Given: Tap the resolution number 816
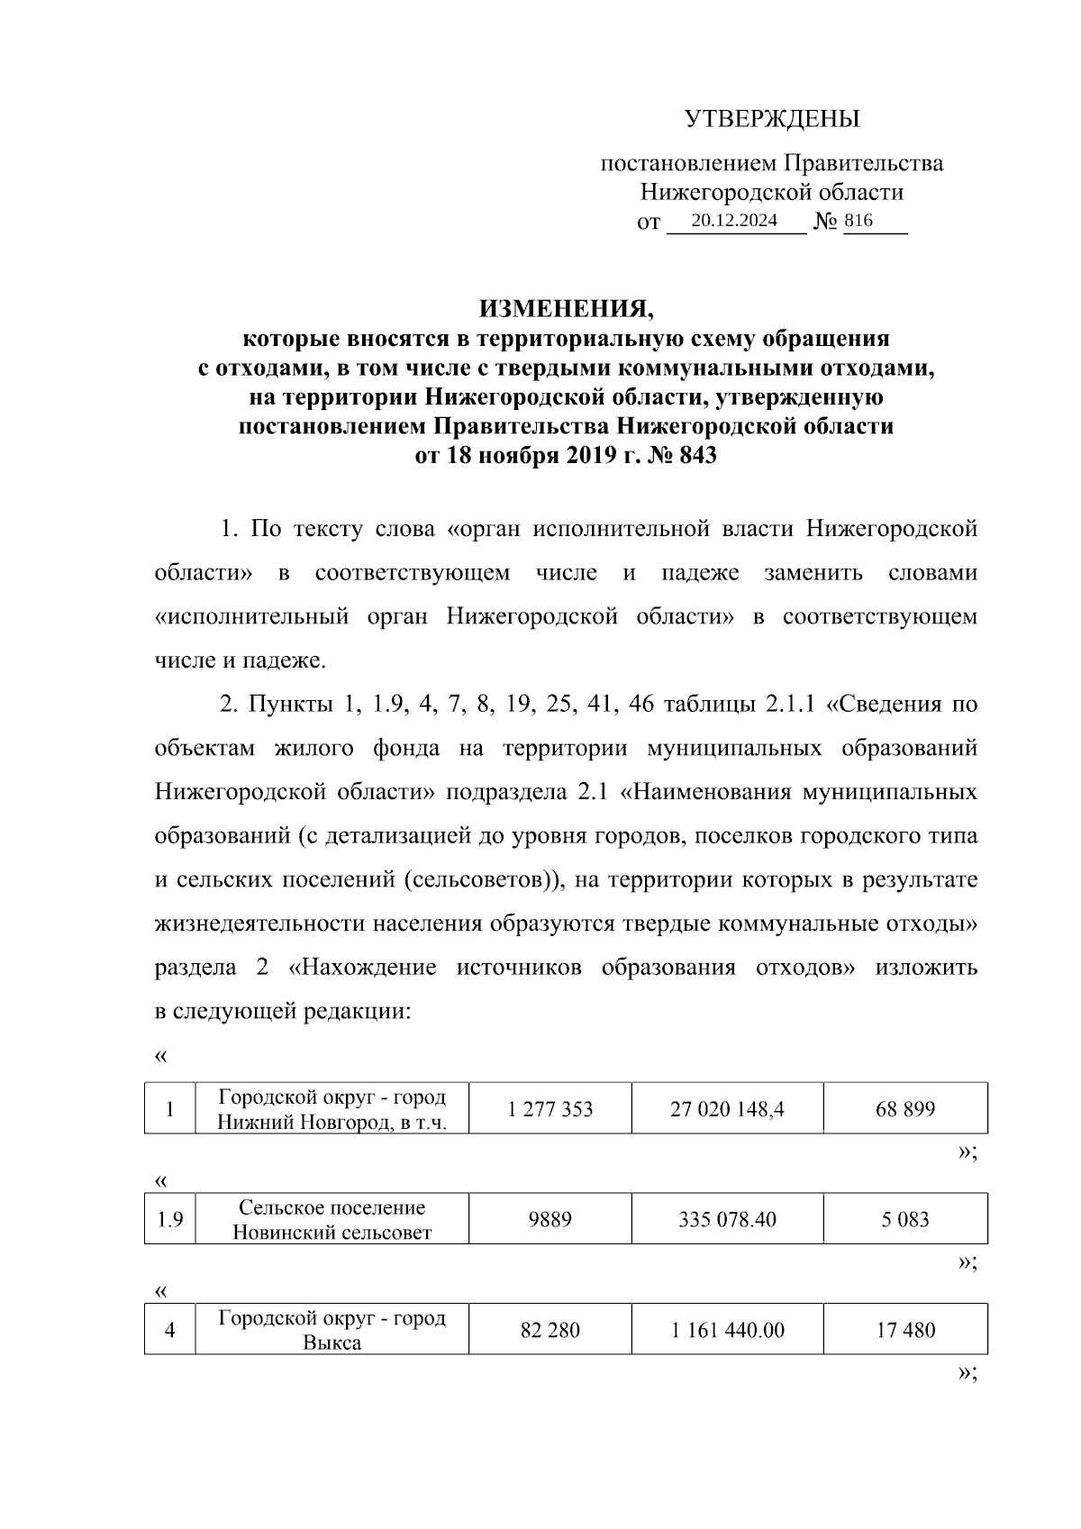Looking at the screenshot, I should [x=858, y=221].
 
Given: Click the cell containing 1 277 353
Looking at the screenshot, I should [x=550, y=1109].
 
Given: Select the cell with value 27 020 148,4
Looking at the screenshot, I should [x=727, y=1109].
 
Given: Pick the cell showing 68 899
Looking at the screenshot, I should [x=905, y=1109].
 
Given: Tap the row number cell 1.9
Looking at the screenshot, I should [x=170, y=1220].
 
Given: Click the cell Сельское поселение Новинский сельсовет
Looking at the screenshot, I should [x=332, y=1220].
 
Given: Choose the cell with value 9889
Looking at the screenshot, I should [x=550, y=1220].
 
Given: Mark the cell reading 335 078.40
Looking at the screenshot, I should [x=727, y=1220].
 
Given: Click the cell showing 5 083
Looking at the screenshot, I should [x=905, y=1220].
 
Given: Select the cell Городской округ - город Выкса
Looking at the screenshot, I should [x=332, y=1330].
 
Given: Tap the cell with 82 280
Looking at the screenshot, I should [x=550, y=1330].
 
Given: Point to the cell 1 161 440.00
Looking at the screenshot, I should [x=727, y=1330].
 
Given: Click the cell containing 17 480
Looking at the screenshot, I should [x=905, y=1330].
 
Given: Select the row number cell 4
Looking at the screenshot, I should [x=170, y=1330].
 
